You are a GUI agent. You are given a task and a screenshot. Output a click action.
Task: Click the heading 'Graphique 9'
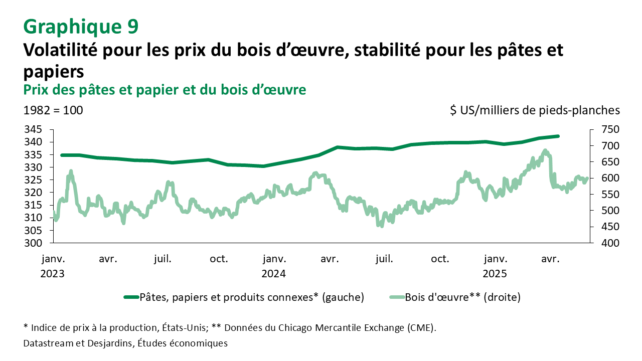click(x=81, y=26)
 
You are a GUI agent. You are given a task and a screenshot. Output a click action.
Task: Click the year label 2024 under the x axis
click(x=273, y=274)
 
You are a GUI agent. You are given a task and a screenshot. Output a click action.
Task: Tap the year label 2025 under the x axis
click(x=495, y=274)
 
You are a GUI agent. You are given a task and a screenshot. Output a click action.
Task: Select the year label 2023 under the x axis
click(x=53, y=274)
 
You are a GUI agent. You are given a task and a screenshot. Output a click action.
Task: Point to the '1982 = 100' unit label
click(x=53, y=110)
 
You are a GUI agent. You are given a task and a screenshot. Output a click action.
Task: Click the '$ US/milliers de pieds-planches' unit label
click(x=535, y=110)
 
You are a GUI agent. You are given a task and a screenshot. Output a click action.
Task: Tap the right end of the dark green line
click(x=558, y=136)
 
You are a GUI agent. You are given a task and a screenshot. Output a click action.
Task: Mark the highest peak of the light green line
click(x=545, y=150)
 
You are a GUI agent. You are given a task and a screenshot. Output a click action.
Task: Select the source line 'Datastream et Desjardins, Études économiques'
click(x=125, y=343)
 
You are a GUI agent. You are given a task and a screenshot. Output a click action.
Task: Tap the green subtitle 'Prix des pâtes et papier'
click(x=100, y=90)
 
